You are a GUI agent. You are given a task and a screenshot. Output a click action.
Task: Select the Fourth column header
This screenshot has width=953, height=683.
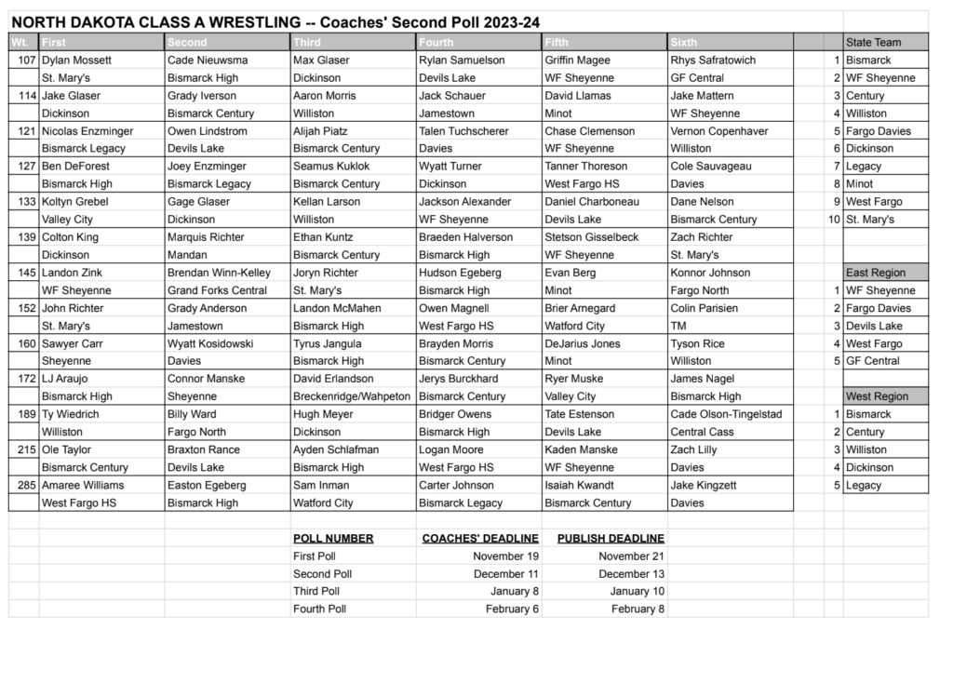pyautogui.click(x=436, y=42)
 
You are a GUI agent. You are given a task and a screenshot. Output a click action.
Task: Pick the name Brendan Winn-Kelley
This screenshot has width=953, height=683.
pyautogui.click(x=219, y=274)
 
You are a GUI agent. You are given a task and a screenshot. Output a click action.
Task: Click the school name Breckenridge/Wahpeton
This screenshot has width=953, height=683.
pyautogui.click(x=352, y=396)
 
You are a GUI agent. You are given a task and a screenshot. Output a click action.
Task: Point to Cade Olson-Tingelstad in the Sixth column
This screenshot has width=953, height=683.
pyautogui.click(x=726, y=415)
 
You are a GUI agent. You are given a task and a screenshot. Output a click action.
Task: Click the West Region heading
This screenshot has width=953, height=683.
pyautogui.click(x=877, y=396)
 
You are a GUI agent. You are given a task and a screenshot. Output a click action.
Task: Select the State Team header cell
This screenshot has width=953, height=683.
pyautogui.click(x=874, y=42)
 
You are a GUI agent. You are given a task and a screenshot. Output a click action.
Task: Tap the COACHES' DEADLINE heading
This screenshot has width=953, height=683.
pyautogui.click(x=480, y=539)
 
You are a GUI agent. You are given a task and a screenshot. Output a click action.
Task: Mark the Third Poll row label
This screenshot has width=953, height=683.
pyautogui.click(x=316, y=592)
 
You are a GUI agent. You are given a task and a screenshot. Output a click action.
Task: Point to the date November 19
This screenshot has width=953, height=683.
pyautogui.click(x=505, y=556)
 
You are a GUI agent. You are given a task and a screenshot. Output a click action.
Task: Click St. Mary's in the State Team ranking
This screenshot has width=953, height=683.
pyautogui.click(x=870, y=220)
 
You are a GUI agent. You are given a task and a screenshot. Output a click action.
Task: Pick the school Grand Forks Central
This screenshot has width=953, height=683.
pyautogui.click(x=217, y=291)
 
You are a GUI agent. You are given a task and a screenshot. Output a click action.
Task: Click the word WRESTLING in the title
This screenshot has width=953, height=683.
pyautogui.click(x=231, y=21)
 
